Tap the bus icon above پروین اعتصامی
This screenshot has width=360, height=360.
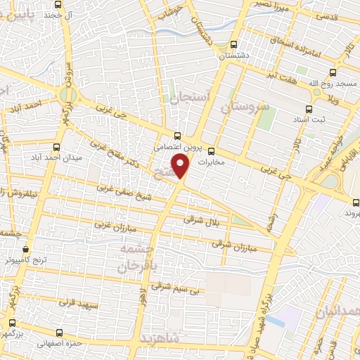coord(178,136)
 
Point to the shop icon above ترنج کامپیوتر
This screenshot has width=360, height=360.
coord(26,248)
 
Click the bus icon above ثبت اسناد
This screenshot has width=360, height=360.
coord(308,109)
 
